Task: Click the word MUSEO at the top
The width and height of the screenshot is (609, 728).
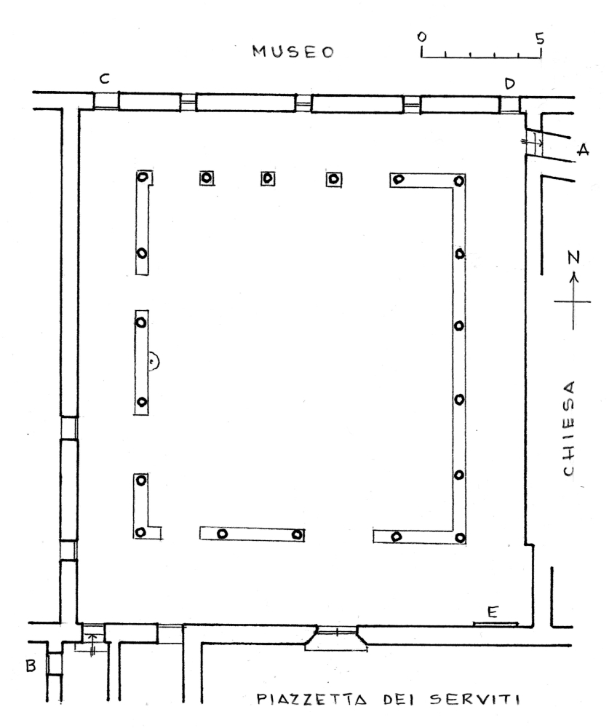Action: pos(293,51)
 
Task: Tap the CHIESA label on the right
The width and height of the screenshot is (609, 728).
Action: pos(569,429)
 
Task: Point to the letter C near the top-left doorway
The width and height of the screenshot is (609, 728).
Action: pos(105,79)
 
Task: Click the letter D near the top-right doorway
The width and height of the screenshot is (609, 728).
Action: pos(509,84)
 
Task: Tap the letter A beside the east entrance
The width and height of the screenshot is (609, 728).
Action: pos(583,149)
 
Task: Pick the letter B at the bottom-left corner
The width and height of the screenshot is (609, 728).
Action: pos(31,666)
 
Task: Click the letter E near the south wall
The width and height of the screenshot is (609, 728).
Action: pos(493,612)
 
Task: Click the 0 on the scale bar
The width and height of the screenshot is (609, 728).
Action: pos(421,36)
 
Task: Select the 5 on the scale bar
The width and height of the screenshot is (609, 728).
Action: pos(539,38)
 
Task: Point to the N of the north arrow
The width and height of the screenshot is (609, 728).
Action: pos(574,257)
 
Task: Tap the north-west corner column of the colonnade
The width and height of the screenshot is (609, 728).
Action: pos(143,177)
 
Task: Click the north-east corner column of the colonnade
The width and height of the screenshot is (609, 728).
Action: pos(459,181)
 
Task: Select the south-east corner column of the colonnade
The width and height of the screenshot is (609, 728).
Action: pos(460,538)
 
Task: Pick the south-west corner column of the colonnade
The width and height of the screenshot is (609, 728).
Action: pos(141,532)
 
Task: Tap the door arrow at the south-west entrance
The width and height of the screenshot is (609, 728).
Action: pos(92,643)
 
